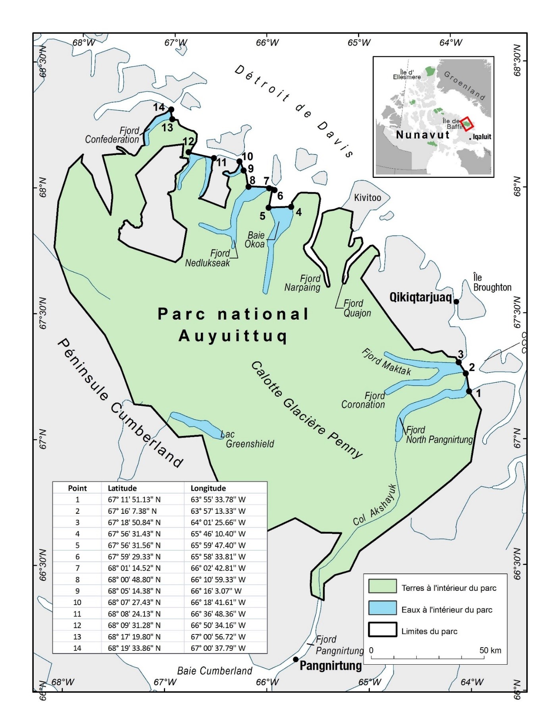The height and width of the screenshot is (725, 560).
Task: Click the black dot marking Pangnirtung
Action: [x=296, y=659]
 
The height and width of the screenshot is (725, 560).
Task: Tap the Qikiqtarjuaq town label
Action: [x=420, y=297]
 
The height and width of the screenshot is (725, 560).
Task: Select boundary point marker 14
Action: [x=171, y=110]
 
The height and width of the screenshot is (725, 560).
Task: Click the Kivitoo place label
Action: [x=368, y=198]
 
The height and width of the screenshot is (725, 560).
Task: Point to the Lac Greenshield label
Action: [x=249, y=439]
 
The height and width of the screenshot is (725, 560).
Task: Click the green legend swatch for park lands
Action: [x=382, y=586]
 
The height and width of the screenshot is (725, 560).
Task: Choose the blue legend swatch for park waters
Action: [x=382, y=608]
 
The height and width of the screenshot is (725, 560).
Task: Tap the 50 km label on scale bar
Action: [x=490, y=650]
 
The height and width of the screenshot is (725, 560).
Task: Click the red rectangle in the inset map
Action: [x=467, y=124]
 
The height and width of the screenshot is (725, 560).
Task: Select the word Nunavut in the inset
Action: [x=423, y=135]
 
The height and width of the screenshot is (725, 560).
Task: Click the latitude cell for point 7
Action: [x=134, y=568]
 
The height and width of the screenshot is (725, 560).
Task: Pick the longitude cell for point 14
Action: [x=218, y=648]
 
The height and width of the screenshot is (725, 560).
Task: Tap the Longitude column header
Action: [x=208, y=488]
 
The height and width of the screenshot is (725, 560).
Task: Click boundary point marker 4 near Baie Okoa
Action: [x=291, y=206]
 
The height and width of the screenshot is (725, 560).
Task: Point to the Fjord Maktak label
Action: [x=386, y=362]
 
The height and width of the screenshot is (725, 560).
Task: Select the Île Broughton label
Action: [x=492, y=282]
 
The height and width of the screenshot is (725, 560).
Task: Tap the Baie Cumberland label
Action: [x=215, y=671]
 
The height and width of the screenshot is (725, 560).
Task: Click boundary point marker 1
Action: [x=469, y=391]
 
